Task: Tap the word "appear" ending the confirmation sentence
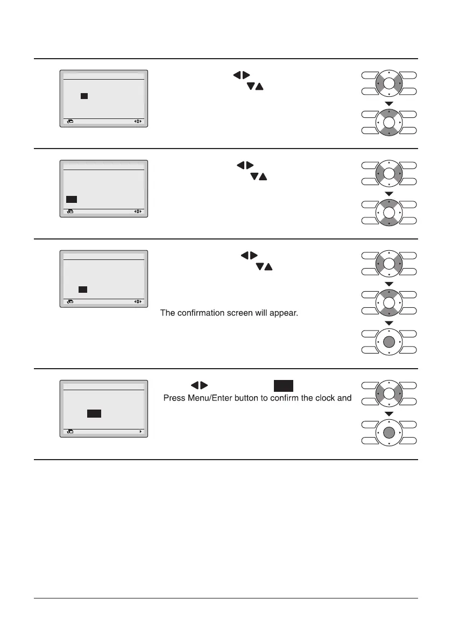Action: point(284,313)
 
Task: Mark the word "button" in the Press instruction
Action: point(249,399)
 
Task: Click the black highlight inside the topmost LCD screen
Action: point(84,96)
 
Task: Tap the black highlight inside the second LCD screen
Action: point(72,199)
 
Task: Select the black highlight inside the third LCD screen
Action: point(82,290)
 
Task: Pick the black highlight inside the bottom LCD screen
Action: point(94,413)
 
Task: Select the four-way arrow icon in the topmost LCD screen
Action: point(138,122)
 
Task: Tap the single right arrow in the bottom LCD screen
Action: point(140,432)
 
